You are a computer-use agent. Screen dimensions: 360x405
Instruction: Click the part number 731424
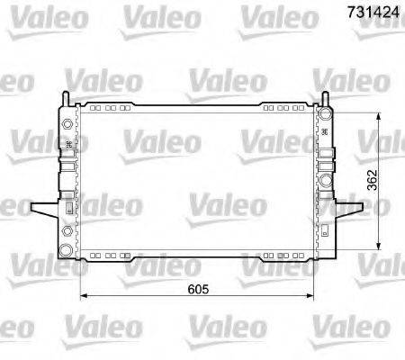[x=370, y=12]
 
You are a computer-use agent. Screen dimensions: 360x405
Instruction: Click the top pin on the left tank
[x=66, y=98]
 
